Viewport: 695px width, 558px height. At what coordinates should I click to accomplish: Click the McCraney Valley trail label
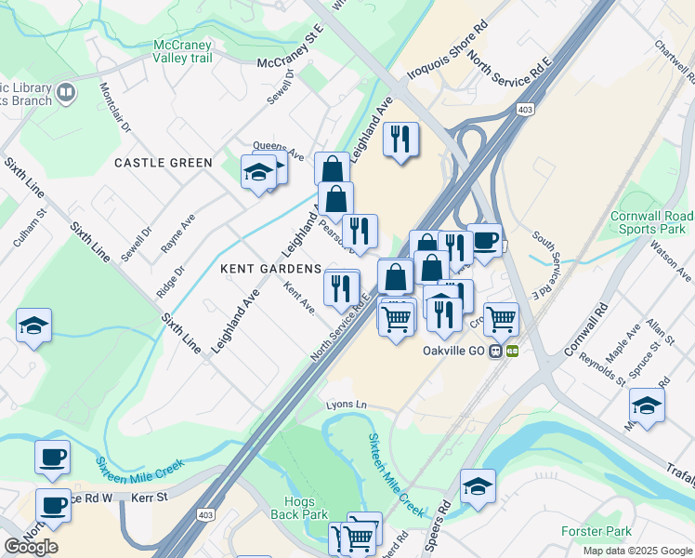click(183, 51)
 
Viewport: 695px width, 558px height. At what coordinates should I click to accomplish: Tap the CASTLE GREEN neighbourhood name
click(164, 163)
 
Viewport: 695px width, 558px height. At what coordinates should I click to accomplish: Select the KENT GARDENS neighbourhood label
click(271, 268)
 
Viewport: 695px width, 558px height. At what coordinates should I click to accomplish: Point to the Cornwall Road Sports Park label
click(648, 222)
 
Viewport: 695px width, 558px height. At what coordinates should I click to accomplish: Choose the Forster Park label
click(597, 531)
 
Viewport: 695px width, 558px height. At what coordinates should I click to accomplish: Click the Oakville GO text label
click(453, 351)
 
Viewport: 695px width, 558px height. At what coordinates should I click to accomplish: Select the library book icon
click(65, 92)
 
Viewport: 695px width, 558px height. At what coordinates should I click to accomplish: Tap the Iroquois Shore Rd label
click(446, 53)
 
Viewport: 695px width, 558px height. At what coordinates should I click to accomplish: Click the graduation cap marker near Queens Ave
click(257, 171)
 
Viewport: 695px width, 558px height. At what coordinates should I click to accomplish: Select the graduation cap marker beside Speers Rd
click(478, 485)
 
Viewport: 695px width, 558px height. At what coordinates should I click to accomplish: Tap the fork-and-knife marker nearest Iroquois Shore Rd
click(400, 139)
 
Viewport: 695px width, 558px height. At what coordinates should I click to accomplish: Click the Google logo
click(32, 547)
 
